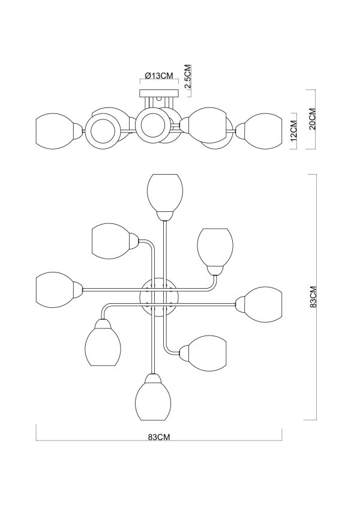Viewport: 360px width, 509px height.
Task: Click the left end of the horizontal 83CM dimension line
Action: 36,440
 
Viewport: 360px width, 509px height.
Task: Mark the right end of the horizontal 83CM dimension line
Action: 282,440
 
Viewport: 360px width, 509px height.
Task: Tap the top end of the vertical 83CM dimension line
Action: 316,175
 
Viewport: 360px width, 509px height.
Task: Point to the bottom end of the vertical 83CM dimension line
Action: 316,420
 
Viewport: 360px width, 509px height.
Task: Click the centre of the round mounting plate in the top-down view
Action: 159,297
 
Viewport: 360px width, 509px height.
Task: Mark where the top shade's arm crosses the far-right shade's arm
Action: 164,304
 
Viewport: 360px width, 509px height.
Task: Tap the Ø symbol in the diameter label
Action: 148,76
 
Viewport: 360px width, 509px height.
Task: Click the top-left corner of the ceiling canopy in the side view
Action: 140,90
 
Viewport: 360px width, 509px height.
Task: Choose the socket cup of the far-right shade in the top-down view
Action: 240,304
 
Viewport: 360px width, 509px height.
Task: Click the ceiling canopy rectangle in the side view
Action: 159,94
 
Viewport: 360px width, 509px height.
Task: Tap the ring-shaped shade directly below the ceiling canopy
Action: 152,125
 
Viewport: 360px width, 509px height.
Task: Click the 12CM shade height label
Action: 294,131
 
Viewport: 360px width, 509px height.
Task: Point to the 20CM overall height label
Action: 312,119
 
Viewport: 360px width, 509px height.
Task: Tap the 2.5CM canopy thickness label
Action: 188,77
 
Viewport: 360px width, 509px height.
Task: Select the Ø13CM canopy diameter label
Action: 159,76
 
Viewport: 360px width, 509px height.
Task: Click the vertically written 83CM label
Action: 313,297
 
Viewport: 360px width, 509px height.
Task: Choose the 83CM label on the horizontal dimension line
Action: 159,437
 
